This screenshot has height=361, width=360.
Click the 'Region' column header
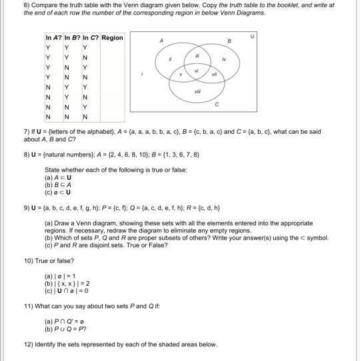(111, 38)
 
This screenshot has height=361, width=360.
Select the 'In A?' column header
(53, 38)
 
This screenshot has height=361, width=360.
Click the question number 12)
(29, 344)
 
